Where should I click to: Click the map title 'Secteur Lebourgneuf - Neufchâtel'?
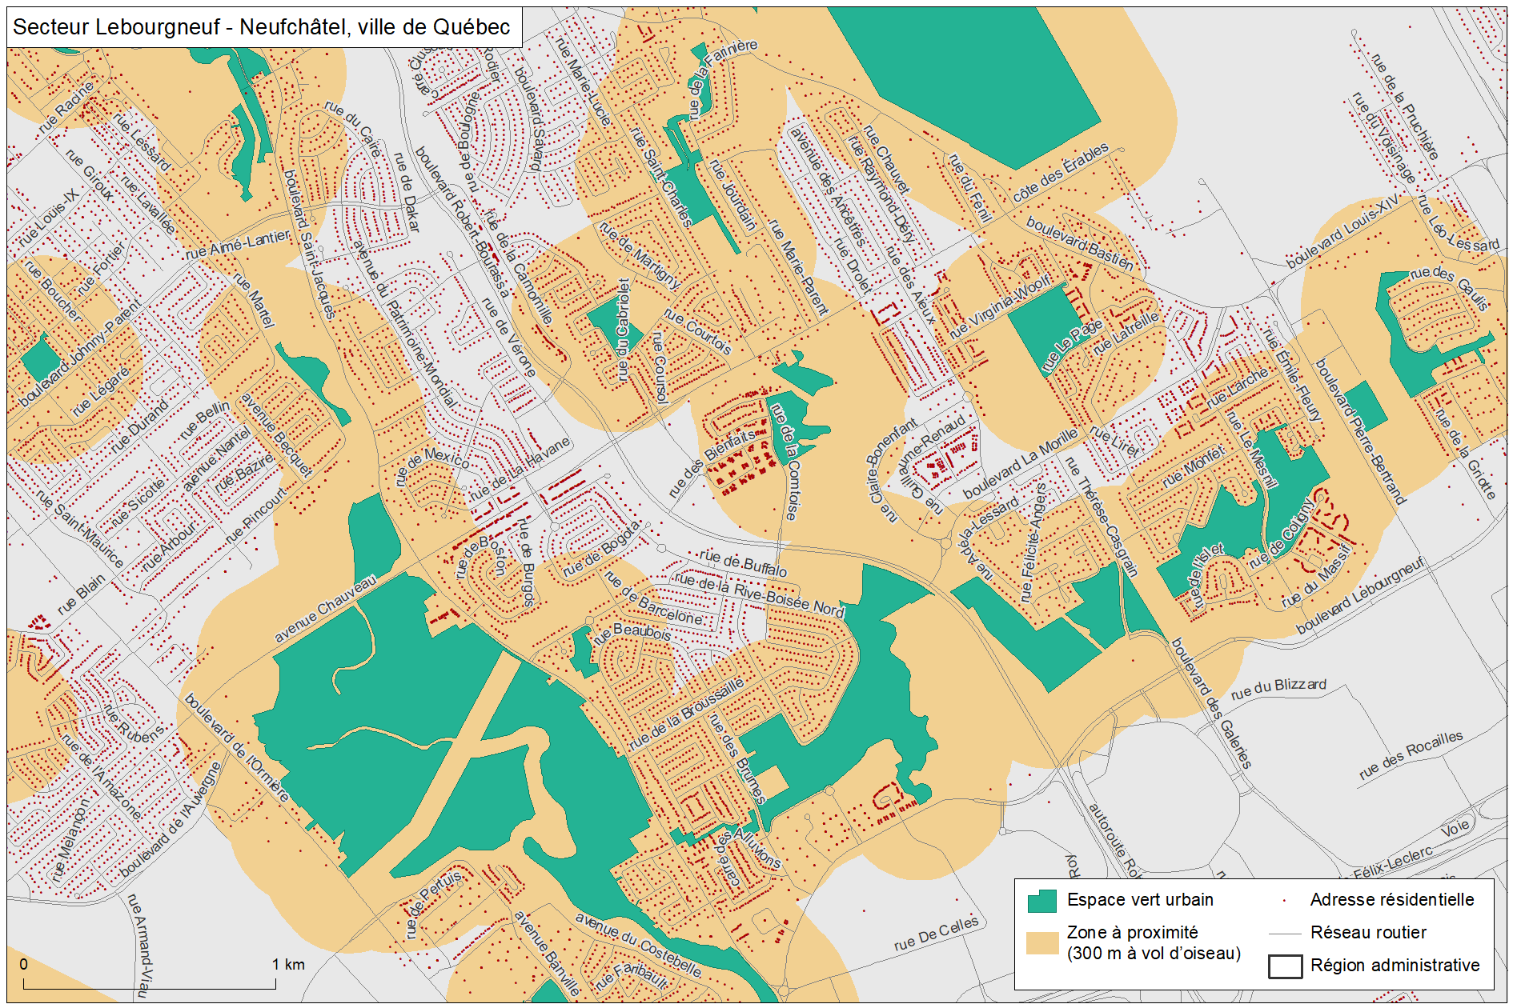tap(261, 27)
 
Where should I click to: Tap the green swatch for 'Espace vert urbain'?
tap(1041, 901)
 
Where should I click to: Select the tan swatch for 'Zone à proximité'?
tap(1041, 942)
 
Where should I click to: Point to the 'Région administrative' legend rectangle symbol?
tap(1284, 966)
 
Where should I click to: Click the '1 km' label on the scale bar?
tap(288, 964)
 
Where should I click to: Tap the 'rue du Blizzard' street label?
tap(1278, 687)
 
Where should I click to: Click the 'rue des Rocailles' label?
tap(1411, 754)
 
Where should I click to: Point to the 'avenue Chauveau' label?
tap(324, 609)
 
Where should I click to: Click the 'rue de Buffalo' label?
tap(743, 563)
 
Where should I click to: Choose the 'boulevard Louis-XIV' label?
tap(1342, 231)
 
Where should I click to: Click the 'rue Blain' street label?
tap(81, 594)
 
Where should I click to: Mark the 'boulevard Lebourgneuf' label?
tap(1360, 596)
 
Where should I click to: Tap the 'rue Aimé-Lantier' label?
tap(237, 245)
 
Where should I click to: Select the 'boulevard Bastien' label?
tap(1080, 243)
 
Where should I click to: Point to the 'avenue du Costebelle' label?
tap(638, 946)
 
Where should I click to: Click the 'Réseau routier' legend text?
tap(1367, 933)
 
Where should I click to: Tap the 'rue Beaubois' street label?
tap(632, 632)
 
